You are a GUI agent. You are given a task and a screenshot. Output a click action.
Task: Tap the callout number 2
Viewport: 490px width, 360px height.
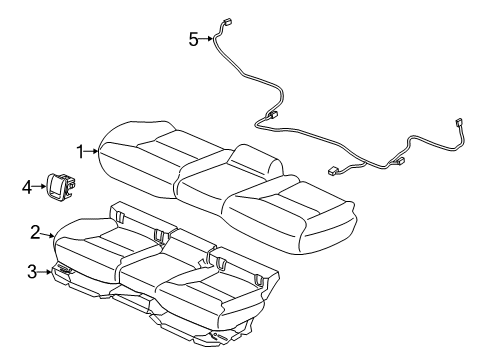click(35, 232)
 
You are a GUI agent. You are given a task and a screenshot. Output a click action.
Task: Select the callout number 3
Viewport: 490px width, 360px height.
click(33, 270)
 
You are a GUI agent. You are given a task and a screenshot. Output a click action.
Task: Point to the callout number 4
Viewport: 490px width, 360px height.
click(27, 184)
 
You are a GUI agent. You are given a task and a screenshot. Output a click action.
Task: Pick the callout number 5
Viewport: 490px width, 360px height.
click(194, 39)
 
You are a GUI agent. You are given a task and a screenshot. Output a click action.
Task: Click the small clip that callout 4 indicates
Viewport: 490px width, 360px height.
click(64, 184)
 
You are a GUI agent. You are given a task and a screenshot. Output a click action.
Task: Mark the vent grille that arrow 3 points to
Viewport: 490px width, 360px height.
click(66, 270)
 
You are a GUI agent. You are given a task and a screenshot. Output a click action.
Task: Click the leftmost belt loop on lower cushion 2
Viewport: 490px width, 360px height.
click(120, 212)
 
